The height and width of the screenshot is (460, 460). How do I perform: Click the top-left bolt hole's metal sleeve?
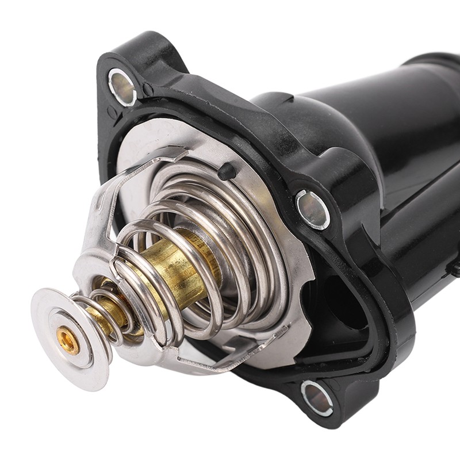point(122,86)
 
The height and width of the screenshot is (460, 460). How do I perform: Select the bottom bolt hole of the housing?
point(317,397)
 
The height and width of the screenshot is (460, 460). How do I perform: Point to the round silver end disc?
point(55,322)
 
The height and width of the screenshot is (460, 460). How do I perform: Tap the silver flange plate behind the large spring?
point(287,270)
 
